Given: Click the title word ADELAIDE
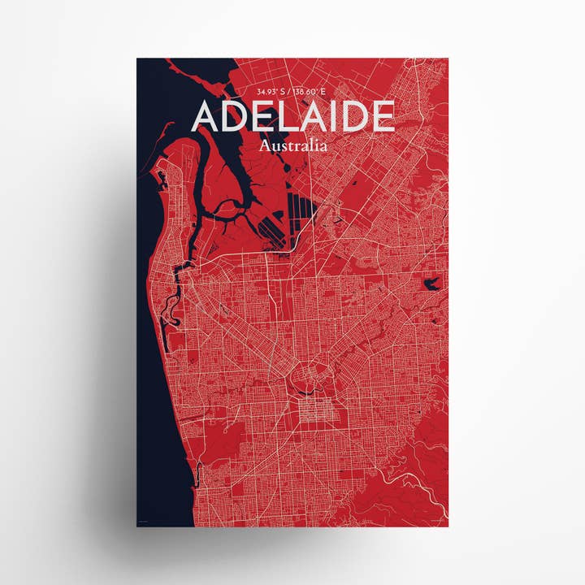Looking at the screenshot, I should pyautogui.click(x=293, y=118).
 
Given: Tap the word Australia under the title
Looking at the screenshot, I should pyautogui.click(x=293, y=147).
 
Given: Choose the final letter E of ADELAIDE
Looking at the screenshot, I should pyautogui.click(x=383, y=118).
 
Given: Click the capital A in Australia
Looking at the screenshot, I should pyautogui.click(x=265, y=147).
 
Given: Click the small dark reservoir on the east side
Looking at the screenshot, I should pyautogui.click(x=431, y=284).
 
